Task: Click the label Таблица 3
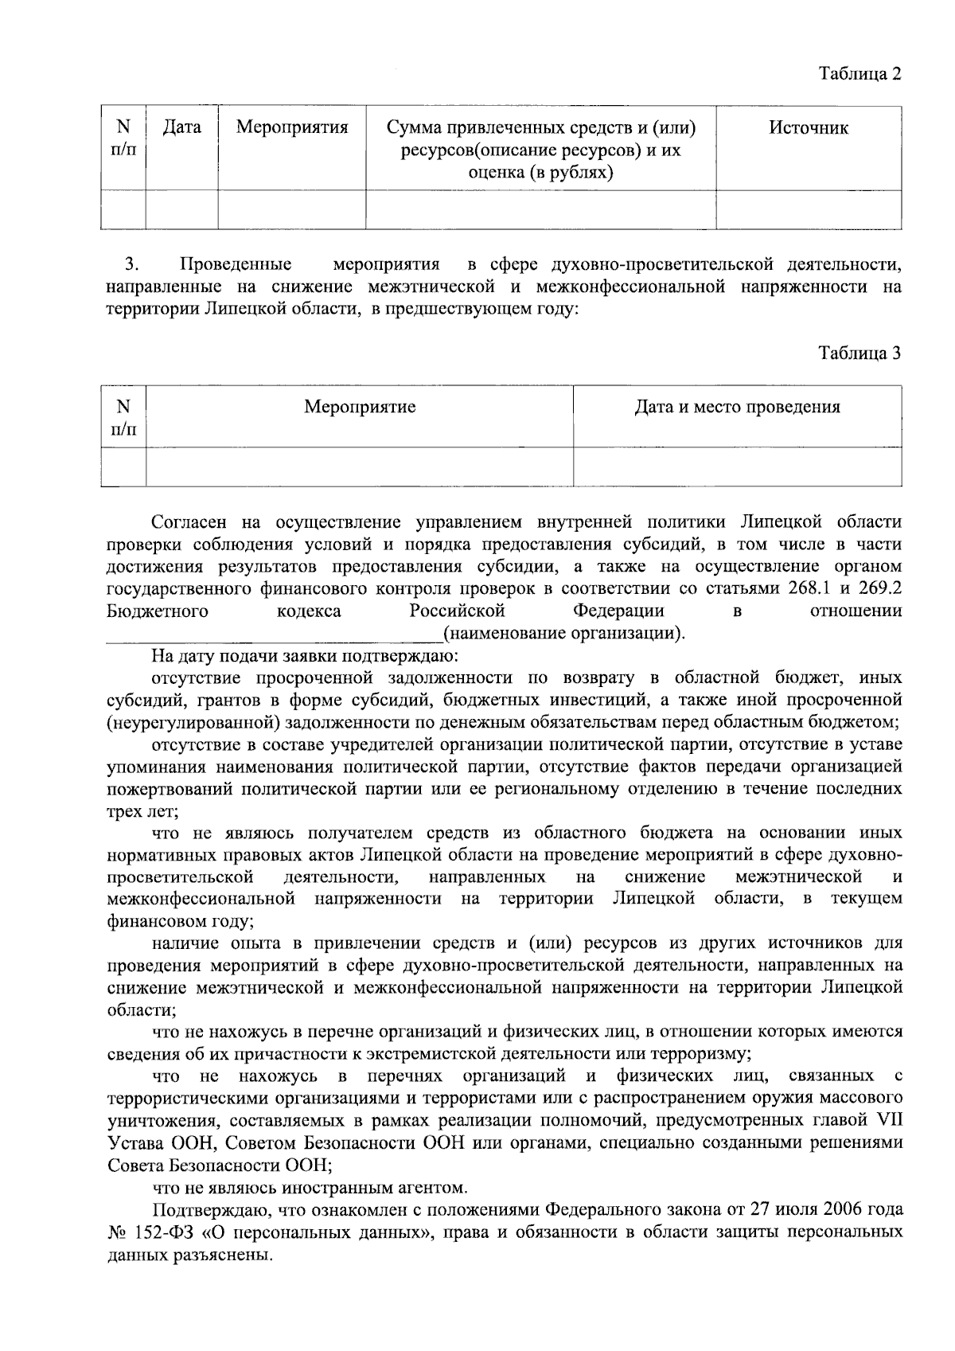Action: point(860,353)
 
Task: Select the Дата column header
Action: point(181,127)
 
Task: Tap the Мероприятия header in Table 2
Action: point(292,127)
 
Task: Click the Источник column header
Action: point(808,127)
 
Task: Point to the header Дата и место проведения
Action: point(737,408)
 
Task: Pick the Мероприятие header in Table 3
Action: point(360,408)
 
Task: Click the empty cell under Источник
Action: point(809,209)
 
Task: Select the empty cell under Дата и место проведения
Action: point(737,467)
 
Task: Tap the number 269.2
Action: point(880,589)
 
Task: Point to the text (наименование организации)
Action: point(563,635)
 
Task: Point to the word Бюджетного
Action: point(157,611)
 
